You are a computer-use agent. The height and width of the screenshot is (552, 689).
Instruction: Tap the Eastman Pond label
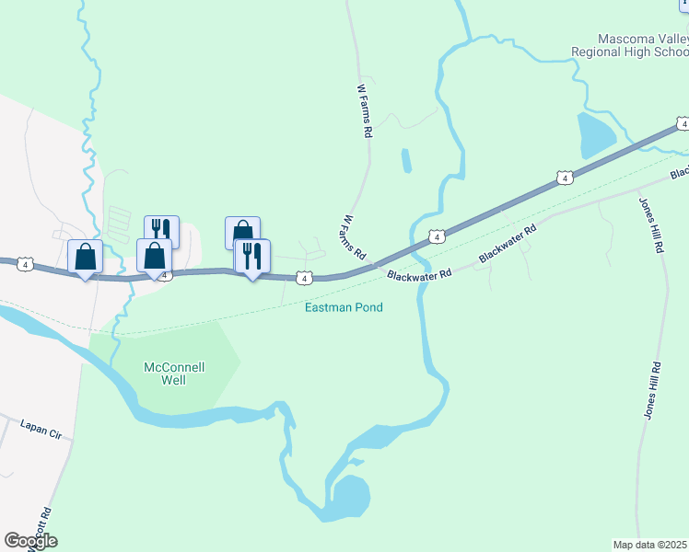344,307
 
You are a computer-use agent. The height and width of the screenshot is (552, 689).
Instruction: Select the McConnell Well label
174,373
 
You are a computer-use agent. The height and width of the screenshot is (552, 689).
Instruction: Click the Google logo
30,541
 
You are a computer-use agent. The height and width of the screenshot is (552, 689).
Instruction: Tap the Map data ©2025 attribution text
650,545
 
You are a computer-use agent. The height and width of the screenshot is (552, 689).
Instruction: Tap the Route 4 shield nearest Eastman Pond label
303,278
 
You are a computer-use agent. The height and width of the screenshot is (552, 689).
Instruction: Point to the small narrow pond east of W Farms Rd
405,160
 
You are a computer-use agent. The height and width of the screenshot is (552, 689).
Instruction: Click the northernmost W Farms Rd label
364,111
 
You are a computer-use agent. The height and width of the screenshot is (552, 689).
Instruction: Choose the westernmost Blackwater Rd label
419,274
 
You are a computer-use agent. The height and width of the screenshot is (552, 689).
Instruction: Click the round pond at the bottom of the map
348,496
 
